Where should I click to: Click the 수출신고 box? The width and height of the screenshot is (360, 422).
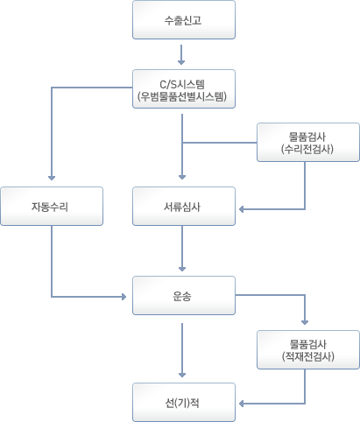point(184,20)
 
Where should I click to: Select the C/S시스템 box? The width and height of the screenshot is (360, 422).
point(184,89)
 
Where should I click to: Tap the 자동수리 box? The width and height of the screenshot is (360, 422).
point(52,207)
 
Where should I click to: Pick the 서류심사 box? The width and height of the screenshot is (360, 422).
point(184,207)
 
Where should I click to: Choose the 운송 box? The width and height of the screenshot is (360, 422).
point(184,296)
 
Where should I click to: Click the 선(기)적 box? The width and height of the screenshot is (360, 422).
point(184,403)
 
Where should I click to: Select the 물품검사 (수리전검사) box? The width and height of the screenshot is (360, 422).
point(308,143)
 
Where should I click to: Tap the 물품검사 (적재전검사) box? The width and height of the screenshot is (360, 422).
point(308,350)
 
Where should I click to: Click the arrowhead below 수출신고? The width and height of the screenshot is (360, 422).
point(181,62)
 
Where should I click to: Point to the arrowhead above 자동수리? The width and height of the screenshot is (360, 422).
point(52,178)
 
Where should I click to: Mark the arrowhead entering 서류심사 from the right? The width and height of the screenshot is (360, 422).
point(242,209)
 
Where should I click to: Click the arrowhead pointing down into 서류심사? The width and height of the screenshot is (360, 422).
point(182,177)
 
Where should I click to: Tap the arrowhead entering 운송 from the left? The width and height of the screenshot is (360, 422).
point(124,297)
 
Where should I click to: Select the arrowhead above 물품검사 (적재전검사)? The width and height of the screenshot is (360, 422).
point(305,322)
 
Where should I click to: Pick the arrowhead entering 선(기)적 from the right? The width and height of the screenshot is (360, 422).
point(242,404)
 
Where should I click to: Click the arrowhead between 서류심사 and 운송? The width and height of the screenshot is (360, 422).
point(182,269)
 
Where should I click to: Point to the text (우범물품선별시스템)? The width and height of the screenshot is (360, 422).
point(182,96)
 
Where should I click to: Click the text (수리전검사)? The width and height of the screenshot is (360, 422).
point(307,149)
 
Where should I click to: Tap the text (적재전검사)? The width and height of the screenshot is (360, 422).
point(308,356)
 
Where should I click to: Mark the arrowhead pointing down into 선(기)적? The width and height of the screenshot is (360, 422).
point(182,375)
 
